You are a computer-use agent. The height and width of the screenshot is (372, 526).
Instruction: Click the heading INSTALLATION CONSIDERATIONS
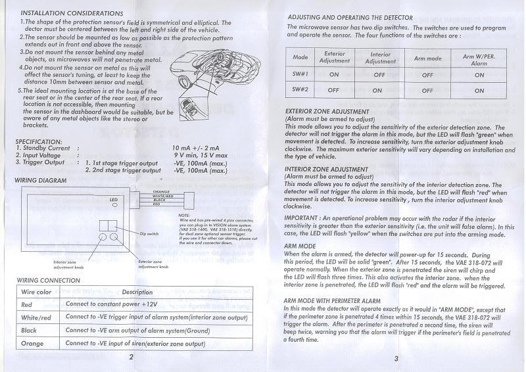(72, 13)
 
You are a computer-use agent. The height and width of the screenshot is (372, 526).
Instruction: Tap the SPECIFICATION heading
(38, 141)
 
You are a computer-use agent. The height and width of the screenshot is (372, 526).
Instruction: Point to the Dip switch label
(149, 233)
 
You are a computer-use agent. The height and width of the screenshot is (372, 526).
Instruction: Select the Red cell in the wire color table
(27, 305)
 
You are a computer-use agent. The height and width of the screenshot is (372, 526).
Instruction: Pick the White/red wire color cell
(36, 317)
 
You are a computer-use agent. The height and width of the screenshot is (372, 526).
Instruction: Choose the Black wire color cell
(29, 330)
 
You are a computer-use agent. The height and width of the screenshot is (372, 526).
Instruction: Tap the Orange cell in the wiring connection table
(32, 343)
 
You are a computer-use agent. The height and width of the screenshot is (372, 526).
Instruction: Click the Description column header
(137, 292)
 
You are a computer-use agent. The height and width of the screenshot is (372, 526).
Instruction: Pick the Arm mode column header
(427, 58)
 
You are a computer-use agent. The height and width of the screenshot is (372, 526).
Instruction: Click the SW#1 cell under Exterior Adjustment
(334, 74)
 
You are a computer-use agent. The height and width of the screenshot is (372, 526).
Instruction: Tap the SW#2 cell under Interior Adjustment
(381, 90)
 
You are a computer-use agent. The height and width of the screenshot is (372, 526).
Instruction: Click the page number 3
(396, 359)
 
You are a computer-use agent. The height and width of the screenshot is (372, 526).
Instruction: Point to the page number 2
(131, 357)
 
